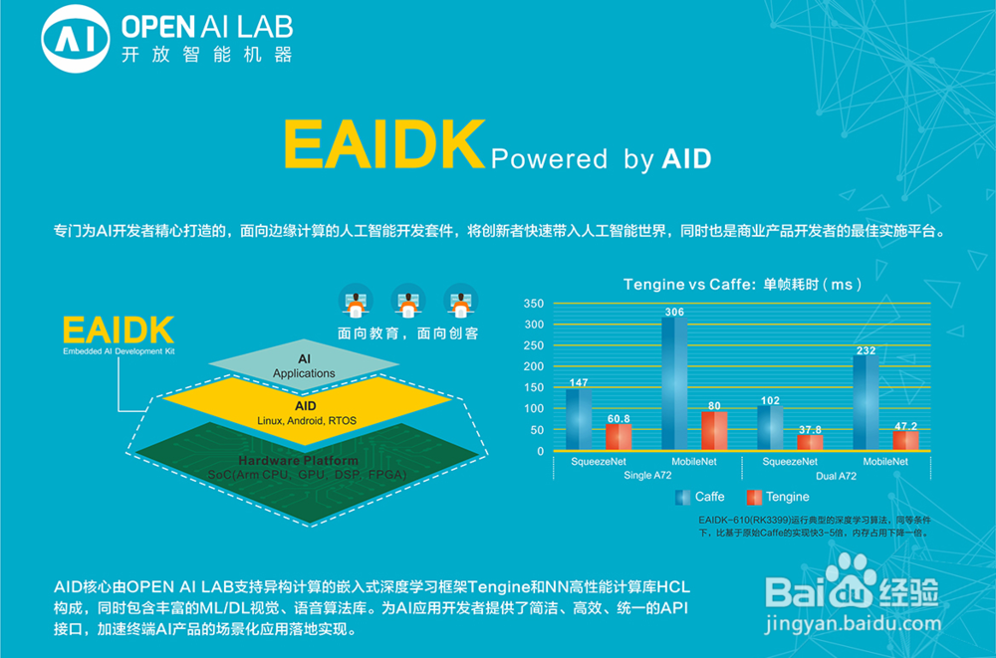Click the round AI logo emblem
click(76, 39)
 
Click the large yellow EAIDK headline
click(384, 144)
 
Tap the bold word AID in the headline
click(686, 159)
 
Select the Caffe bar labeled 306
click(674, 383)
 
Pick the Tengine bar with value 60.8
click(619, 437)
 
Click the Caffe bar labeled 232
click(866, 403)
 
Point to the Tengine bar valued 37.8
click(810, 442)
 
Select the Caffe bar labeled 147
click(579, 419)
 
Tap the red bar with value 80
click(714, 431)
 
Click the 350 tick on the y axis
click(534, 304)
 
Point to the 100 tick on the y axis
click(534, 408)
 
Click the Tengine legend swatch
click(754, 497)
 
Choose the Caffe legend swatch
click(683, 497)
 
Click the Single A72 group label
click(647, 476)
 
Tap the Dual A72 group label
click(836, 476)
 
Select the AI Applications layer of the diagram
click(304, 364)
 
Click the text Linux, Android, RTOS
click(307, 420)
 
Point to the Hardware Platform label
click(299, 461)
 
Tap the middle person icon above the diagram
click(407, 301)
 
